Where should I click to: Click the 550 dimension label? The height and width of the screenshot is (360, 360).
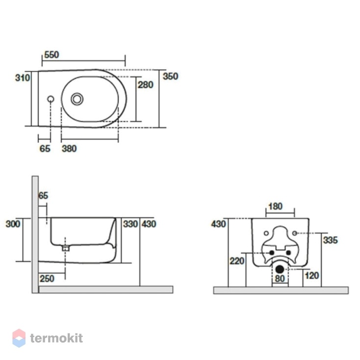click(x=51, y=55)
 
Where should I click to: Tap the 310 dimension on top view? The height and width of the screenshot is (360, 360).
click(x=23, y=78)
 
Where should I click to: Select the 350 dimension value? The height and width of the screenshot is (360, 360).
click(x=170, y=76)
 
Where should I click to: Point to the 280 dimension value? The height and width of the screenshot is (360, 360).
click(x=145, y=85)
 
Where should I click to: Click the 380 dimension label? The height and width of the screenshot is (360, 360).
click(x=69, y=149)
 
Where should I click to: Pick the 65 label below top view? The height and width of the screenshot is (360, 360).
click(x=45, y=149)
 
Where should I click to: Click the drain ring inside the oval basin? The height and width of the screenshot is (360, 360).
click(x=77, y=99)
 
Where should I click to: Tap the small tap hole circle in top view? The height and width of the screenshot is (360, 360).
click(x=51, y=99)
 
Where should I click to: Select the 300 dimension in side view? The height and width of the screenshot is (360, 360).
click(x=13, y=224)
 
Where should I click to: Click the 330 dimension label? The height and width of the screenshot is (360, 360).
click(x=130, y=224)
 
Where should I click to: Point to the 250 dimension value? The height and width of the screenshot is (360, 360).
click(x=47, y=279)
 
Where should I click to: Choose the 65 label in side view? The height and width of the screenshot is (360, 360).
click(x=43, y=196)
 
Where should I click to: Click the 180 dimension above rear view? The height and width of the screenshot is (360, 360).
click(x=275, y=206)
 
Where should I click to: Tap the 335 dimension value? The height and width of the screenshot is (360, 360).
click(x=331, y=240)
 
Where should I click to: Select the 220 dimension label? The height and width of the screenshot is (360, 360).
click(x=237, y=261)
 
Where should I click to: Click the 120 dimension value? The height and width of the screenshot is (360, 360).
click(x=312, y=276)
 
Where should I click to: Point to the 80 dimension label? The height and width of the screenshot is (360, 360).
click(x=280, y=279)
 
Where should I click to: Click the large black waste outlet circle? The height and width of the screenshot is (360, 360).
click(x=280, y=269)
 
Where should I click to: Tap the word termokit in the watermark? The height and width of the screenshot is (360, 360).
click(x=56, y=338)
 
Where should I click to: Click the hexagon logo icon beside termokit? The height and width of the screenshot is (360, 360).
click(x=19, y=338)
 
